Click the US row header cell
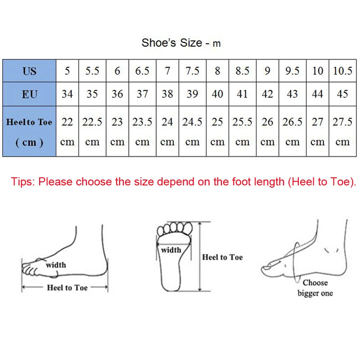tap(29, 71)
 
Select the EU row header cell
tap(29, 94)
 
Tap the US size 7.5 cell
tap(192, 71)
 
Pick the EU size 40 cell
tap(217, 94)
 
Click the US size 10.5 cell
tap(342, 71)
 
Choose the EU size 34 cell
tap(68, 94)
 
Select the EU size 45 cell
tap(342, 94)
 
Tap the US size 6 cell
tap(118, 71)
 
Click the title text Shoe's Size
tap(172, 43)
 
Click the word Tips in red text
tap(23, 182)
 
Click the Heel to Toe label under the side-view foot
tap(67, 287)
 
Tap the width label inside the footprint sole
tap(171, 250)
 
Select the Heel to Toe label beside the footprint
tap(222, 257)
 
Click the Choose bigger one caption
tap(315, 288)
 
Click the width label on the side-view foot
tap(55, 265)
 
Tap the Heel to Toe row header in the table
tap(29, 131)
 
